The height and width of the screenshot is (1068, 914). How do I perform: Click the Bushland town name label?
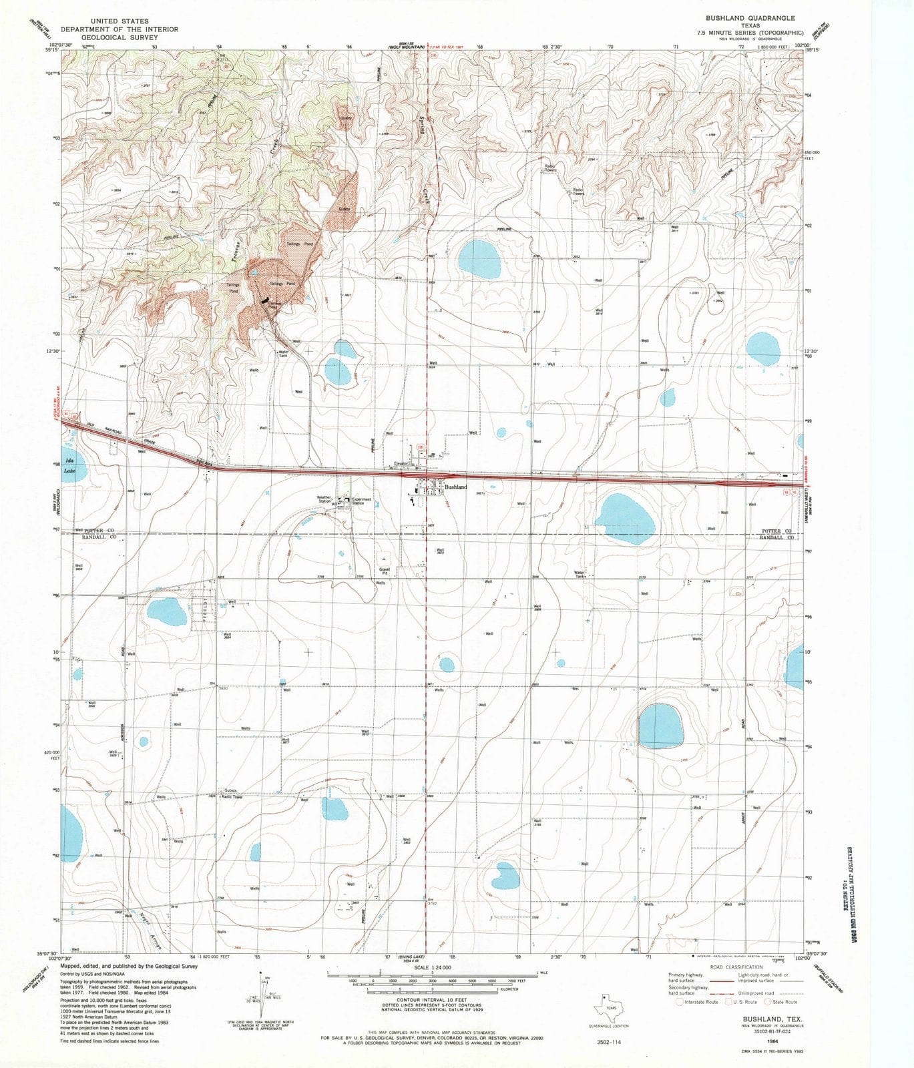[455, 488]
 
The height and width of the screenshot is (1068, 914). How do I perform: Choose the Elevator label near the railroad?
[401, 464]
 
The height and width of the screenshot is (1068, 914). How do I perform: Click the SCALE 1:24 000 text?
[433, 967]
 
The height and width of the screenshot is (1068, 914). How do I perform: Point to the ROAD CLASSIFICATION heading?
[736, 967]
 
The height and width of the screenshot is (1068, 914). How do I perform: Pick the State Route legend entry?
[782, 1002]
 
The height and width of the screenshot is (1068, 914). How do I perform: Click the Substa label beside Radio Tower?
[230, 791]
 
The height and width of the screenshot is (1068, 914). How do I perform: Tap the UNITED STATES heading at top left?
[120, 21]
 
